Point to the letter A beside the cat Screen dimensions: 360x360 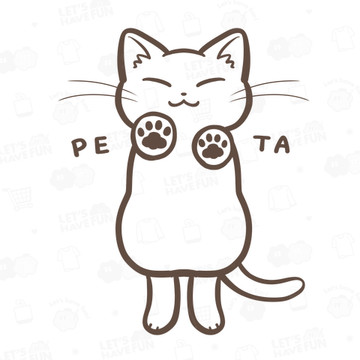[x=281, y=145]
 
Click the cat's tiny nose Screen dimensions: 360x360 [x=184, y=94]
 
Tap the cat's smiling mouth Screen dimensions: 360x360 [x=184, y=103]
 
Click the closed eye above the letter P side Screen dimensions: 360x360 [x=157, y=82]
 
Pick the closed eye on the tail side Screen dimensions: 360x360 [x=211, y=82]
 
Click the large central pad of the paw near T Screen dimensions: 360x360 [x=211, y=151]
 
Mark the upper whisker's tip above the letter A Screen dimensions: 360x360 [x=299, y=81]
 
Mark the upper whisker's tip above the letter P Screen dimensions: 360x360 [x=69, y=81]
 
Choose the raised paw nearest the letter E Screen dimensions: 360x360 [x=154, y=133]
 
